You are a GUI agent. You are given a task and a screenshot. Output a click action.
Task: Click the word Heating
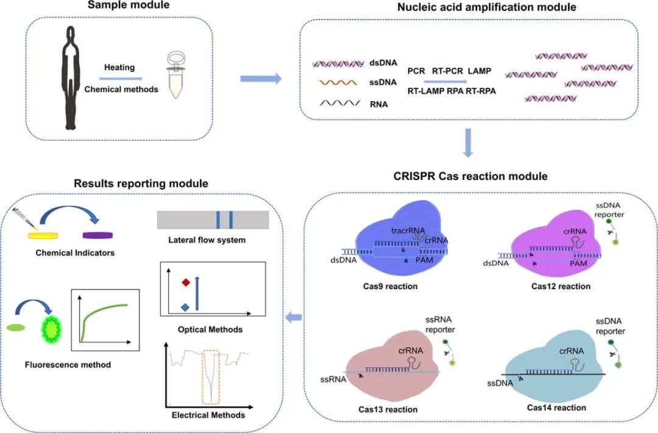point(119,68)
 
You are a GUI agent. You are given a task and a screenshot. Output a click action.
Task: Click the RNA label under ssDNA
point(378,104)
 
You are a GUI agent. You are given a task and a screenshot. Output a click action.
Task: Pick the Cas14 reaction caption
point(557,407)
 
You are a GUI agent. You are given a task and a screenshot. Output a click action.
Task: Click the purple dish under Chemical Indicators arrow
point(98,235)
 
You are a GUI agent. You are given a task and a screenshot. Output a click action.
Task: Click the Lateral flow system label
point(207,240)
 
